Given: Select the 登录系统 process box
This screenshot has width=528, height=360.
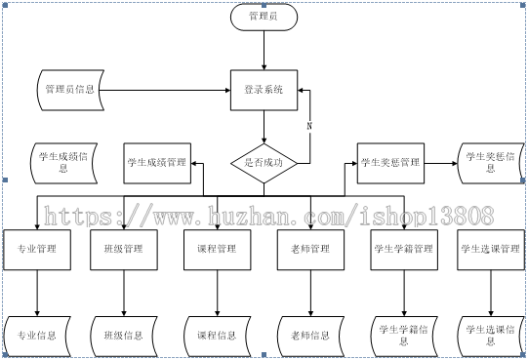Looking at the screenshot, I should pos(264,90).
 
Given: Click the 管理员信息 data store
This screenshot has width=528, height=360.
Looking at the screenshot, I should pos(70,90).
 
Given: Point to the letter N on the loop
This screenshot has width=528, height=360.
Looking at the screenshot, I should pos(309,126).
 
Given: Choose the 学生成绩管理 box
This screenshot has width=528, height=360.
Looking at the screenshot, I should pos(156,162).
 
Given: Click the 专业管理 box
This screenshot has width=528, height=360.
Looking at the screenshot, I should pos(36,250).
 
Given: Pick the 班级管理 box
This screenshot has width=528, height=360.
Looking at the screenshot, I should pos(123,250).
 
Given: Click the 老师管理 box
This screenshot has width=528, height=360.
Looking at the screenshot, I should pos(310,250).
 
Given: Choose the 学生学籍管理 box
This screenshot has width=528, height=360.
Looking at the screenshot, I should pos(403,250).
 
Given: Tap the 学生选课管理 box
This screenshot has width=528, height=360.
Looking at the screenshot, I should pos(490,250).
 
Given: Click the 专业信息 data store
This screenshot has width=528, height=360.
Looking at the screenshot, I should pos(36,336).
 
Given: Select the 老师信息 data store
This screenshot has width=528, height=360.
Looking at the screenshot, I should pos(310,336).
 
